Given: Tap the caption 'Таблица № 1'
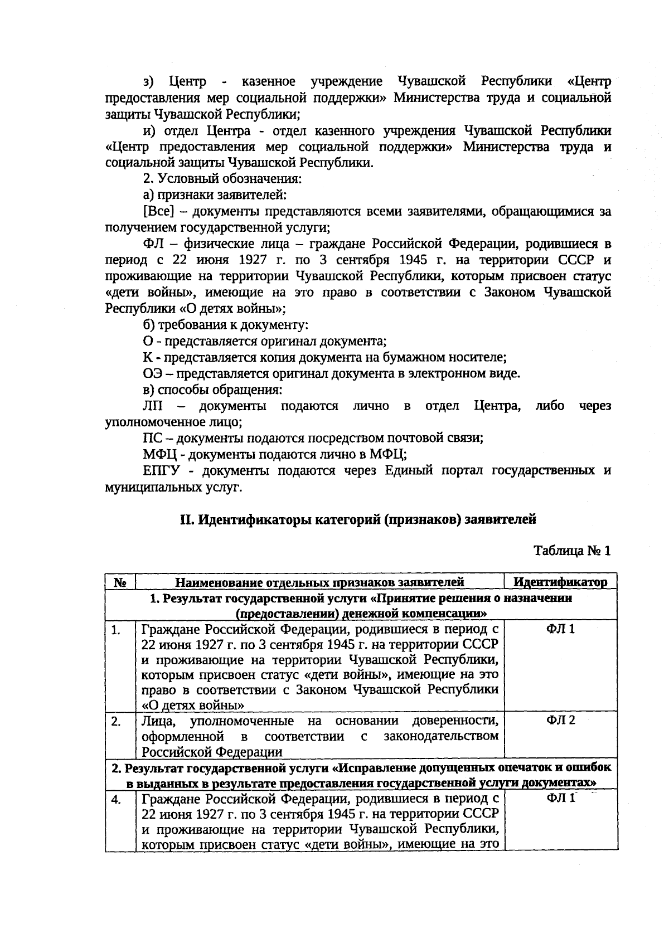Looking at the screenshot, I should (572, 551).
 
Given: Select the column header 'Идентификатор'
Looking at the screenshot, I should (560, 582).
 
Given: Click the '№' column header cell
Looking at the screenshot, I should (120, 583).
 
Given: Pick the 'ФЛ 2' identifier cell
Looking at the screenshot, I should (560, 720).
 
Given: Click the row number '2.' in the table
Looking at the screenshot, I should (116, 721).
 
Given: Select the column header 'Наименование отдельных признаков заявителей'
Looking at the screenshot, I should (319, 583).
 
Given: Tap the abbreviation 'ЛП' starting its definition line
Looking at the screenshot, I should (153, 406).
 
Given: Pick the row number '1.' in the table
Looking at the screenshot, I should (116, 630).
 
